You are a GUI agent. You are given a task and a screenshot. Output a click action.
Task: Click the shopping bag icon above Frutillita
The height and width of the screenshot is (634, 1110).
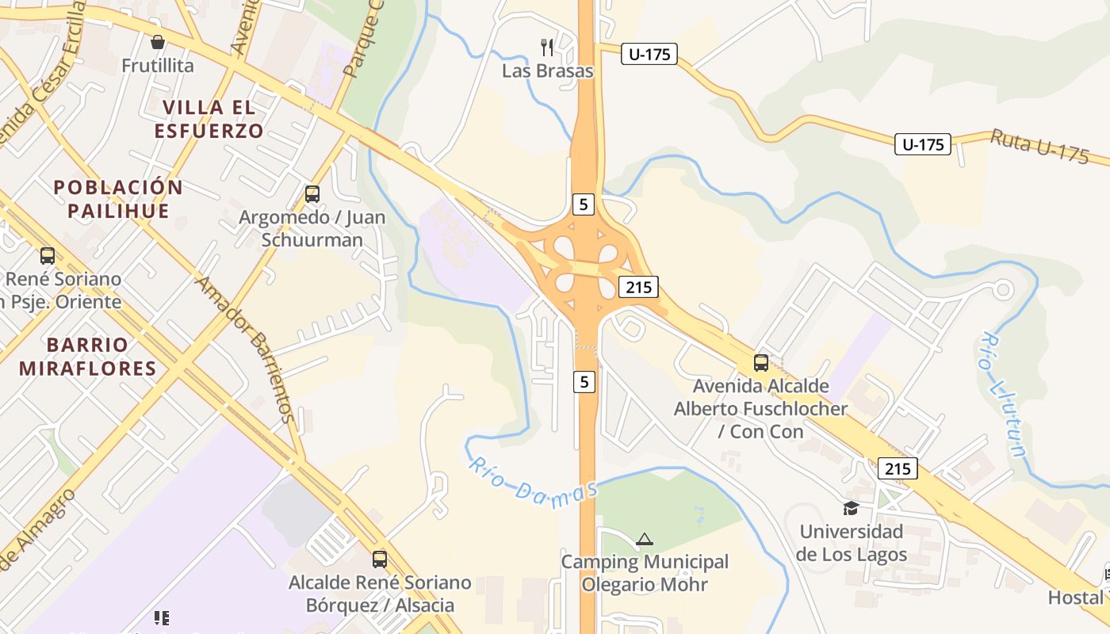(158, 42)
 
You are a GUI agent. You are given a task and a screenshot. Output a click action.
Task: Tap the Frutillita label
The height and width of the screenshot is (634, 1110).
(158, 66)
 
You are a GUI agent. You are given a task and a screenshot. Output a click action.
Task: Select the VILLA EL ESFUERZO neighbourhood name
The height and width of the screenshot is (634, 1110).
(209, 119)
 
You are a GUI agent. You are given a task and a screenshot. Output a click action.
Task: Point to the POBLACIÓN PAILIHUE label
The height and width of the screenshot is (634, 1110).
(118, 199)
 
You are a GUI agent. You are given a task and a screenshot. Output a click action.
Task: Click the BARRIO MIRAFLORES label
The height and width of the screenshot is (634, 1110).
(87, 356)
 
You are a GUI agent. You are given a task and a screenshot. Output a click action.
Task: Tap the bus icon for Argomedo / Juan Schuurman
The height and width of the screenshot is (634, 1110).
(312, 193)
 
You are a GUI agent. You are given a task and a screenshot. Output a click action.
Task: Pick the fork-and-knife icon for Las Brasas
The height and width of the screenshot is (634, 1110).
(547, 47)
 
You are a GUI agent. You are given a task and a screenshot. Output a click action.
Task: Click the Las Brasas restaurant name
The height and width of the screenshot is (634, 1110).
(548, 71)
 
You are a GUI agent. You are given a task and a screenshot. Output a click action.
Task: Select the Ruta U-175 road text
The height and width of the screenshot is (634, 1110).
(1039, 147)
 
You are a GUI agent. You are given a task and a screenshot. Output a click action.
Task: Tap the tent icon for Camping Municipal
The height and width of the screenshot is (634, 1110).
(645, 540)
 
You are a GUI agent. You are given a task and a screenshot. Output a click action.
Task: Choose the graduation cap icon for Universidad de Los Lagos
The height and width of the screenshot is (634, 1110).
(851, 508)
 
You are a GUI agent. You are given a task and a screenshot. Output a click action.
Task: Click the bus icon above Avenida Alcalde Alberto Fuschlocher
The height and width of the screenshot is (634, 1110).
(761, 363)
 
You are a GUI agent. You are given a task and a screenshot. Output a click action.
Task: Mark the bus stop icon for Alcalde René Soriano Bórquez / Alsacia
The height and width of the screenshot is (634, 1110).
(380, 559)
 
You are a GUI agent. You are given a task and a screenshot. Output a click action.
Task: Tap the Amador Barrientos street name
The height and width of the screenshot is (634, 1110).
(246, 349)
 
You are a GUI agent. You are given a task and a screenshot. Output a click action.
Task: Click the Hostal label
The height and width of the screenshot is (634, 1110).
(1075, 597)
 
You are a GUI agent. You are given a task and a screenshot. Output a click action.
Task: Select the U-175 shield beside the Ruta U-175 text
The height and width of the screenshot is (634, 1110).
(923, 144)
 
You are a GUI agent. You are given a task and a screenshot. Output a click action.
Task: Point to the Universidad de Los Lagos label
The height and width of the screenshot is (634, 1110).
(852, 542)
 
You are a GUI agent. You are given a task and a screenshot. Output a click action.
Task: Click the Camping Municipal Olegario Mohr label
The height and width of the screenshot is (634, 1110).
(645, 573)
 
